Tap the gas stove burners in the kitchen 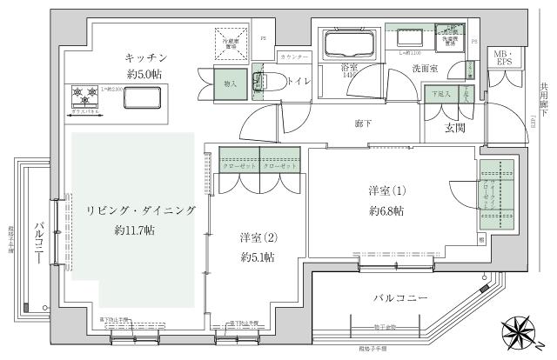83,93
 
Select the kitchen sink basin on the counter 142,98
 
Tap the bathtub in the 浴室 346,45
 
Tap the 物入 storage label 230,84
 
